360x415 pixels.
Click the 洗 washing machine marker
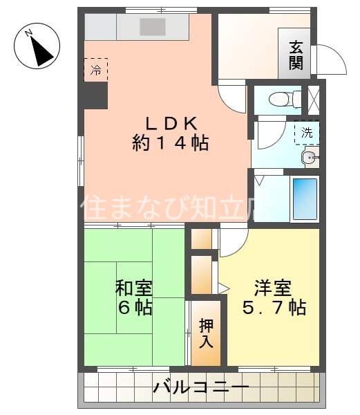click(306, 131)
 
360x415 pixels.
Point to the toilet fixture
click(282, 98)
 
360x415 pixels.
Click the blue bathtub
click(304, 199)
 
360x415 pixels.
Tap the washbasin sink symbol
click(308, 158)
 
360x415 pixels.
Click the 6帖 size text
click(134, 307)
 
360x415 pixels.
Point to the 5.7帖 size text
click(274, 307)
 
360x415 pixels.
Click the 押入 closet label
click(207, 333)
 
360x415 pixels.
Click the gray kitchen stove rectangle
click(152, 27)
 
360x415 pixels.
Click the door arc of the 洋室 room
click(234, 243)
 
